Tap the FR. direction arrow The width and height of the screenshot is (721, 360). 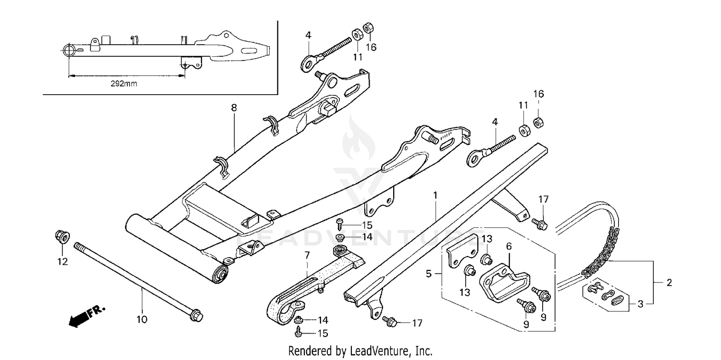tap(87, 316)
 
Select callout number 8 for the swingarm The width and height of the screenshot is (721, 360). tap(234, 108)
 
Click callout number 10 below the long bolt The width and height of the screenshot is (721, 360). tap(143, 319)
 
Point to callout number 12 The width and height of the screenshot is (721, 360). tap(62, 262)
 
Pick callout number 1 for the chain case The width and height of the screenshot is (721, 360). tap(435, 196)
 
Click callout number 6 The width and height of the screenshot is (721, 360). tap(509, 246)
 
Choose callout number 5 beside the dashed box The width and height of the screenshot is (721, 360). tap(429, 274)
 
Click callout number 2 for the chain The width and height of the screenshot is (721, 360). tap(669, 283)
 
